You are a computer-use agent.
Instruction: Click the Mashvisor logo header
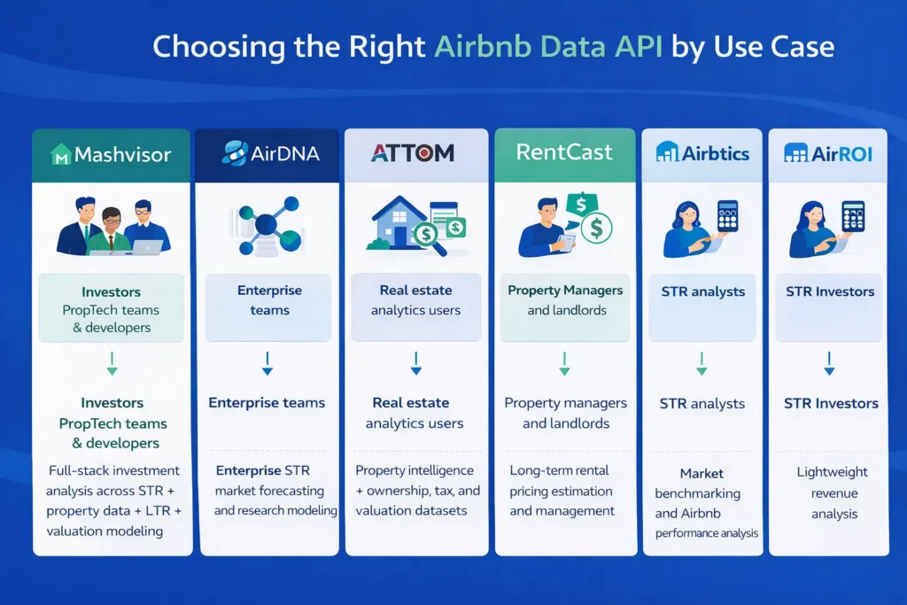(x=112, y=155)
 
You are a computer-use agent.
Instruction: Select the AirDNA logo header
(x=269, y=152)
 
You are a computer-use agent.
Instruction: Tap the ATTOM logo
(x=413, y=152)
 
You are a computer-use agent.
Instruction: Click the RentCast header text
(x=564, y=151)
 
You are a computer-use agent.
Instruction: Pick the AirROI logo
(x=828, y=153)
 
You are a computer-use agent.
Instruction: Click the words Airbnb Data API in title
(x=548, y=46)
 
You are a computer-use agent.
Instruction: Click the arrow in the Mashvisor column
(x=112, y=363)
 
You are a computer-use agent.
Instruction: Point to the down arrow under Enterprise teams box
(x=267, y=363)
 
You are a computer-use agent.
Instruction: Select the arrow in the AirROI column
(x=829, y=363)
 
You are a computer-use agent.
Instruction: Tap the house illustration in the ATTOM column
(x=396, y=225)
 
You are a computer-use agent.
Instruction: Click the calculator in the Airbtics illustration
(x=727, y=216)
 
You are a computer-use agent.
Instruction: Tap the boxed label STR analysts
(x=702, y=291)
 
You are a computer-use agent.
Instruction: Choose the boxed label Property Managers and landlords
(x=565, y=300)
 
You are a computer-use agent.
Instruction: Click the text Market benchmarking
(x=701, y=483)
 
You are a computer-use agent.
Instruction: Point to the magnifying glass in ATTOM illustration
(x=433, y=242)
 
